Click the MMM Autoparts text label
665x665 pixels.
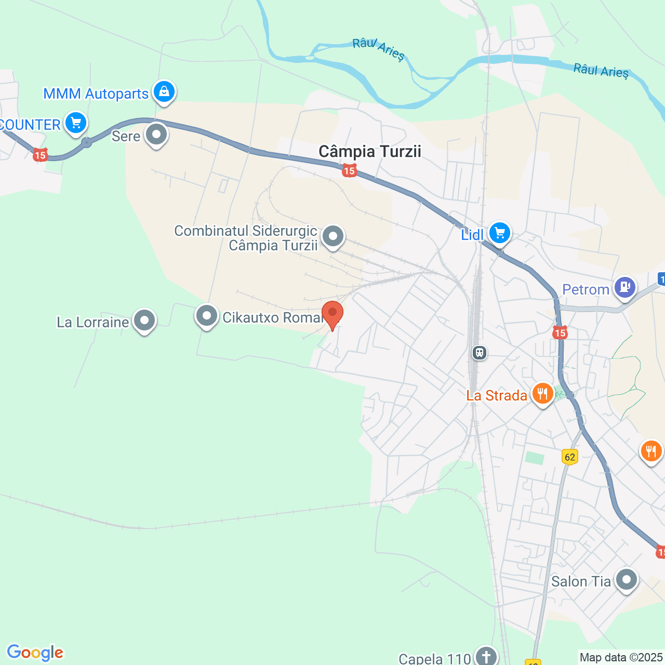point(96,94)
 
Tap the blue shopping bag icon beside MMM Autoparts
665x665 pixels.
point(164,92)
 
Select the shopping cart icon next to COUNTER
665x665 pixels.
point(76,123)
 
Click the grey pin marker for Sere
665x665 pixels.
point(156,135)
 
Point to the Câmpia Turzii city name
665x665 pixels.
point(369,152)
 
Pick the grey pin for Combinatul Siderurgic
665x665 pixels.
point(332,236)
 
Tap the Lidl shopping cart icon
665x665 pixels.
point(500,233)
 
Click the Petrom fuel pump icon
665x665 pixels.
point(625,287)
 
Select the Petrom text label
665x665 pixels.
point(586,289)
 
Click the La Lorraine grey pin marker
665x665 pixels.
point(144,321)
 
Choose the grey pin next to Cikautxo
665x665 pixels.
point(206,316)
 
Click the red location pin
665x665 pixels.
point(332,313)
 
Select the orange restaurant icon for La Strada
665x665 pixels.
point(542,393)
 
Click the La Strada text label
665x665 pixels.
point(497,395)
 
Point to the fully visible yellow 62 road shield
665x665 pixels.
point(570,457)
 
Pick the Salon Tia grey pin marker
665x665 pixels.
point(626,579)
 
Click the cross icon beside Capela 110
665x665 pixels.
point(486,657)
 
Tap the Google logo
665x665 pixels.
point(35,653)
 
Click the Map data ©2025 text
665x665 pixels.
point(621,657)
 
